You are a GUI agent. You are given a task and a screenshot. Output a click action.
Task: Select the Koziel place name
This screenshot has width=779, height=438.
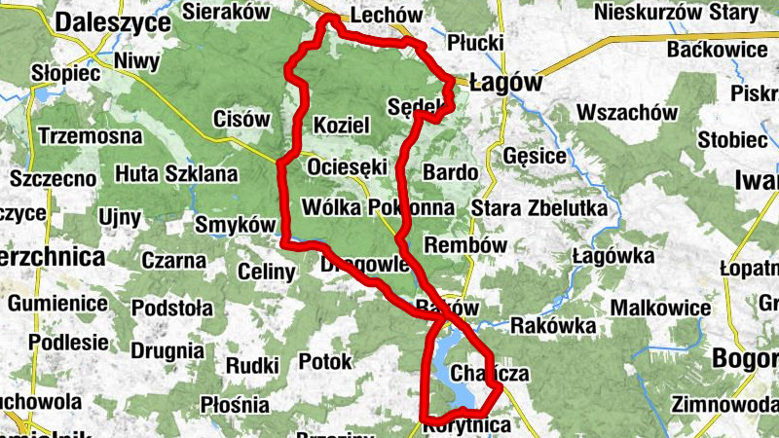point(341,126)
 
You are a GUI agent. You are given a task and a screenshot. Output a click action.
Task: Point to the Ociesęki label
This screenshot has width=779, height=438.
point(348,167)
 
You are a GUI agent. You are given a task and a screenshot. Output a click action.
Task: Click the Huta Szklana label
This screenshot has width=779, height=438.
point(176,174)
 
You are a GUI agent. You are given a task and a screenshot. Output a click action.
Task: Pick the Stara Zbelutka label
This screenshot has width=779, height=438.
point(538,208)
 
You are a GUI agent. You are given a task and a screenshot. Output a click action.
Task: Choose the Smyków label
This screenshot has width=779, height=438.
point(236,225)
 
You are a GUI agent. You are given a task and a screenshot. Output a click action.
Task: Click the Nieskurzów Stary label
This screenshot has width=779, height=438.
point(675,13)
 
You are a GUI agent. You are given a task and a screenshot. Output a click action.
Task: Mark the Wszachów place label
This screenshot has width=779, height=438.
point(627,112)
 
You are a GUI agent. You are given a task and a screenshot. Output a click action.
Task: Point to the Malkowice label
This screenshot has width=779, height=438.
point(660,308)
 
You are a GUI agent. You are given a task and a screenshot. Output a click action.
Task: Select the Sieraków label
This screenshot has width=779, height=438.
point(225,13)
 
